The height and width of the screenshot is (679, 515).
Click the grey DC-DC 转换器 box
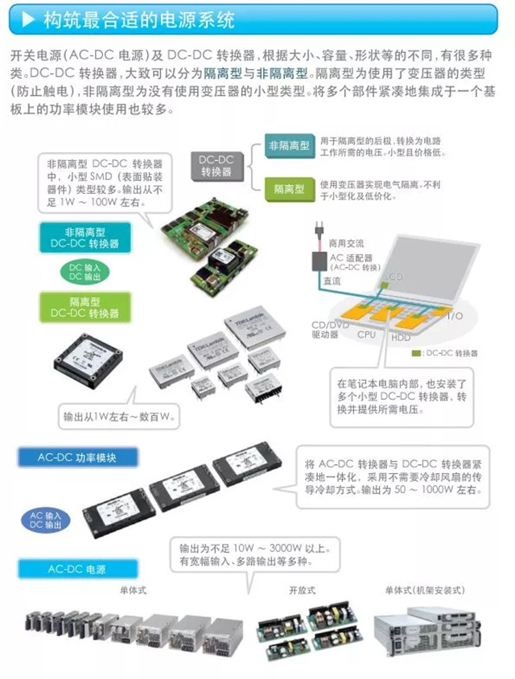[x=216, y=167]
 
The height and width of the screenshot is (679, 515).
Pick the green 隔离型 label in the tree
[x=288, y=189]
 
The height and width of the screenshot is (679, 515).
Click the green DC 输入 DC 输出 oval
[x=74, y=271]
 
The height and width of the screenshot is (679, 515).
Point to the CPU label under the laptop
[x=366, y=334]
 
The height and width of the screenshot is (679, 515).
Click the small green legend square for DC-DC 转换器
[x=414, y=353]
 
